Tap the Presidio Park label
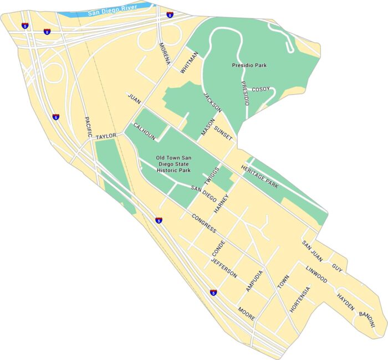249,65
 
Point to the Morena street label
164,54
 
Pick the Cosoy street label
261,89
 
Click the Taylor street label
106,136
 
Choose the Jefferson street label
224,268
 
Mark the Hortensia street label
300,300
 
